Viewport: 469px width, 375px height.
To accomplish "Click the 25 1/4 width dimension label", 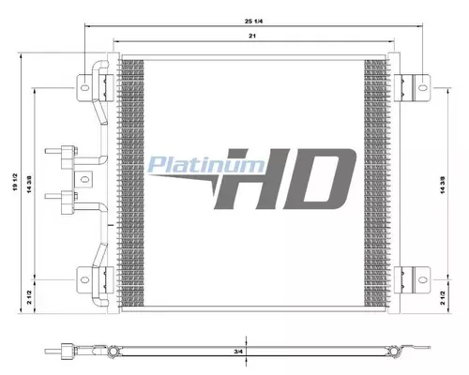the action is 253,22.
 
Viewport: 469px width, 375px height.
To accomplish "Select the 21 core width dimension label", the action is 252,36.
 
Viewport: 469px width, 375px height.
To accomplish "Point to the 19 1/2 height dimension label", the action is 16,182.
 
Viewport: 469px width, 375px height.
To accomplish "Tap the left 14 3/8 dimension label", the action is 30,185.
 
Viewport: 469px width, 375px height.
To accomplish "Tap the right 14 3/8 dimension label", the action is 443,185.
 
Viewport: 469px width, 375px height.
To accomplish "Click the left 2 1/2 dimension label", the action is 29,297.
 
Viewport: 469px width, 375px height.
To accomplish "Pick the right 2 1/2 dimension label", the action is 443,298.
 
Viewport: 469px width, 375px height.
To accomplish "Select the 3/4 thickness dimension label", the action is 238,352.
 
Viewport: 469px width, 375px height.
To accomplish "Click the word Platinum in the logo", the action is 205,165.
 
